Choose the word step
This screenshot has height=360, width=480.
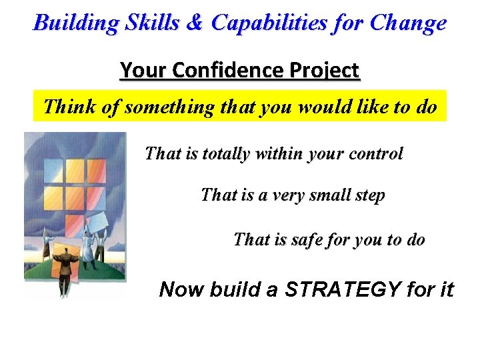369,195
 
